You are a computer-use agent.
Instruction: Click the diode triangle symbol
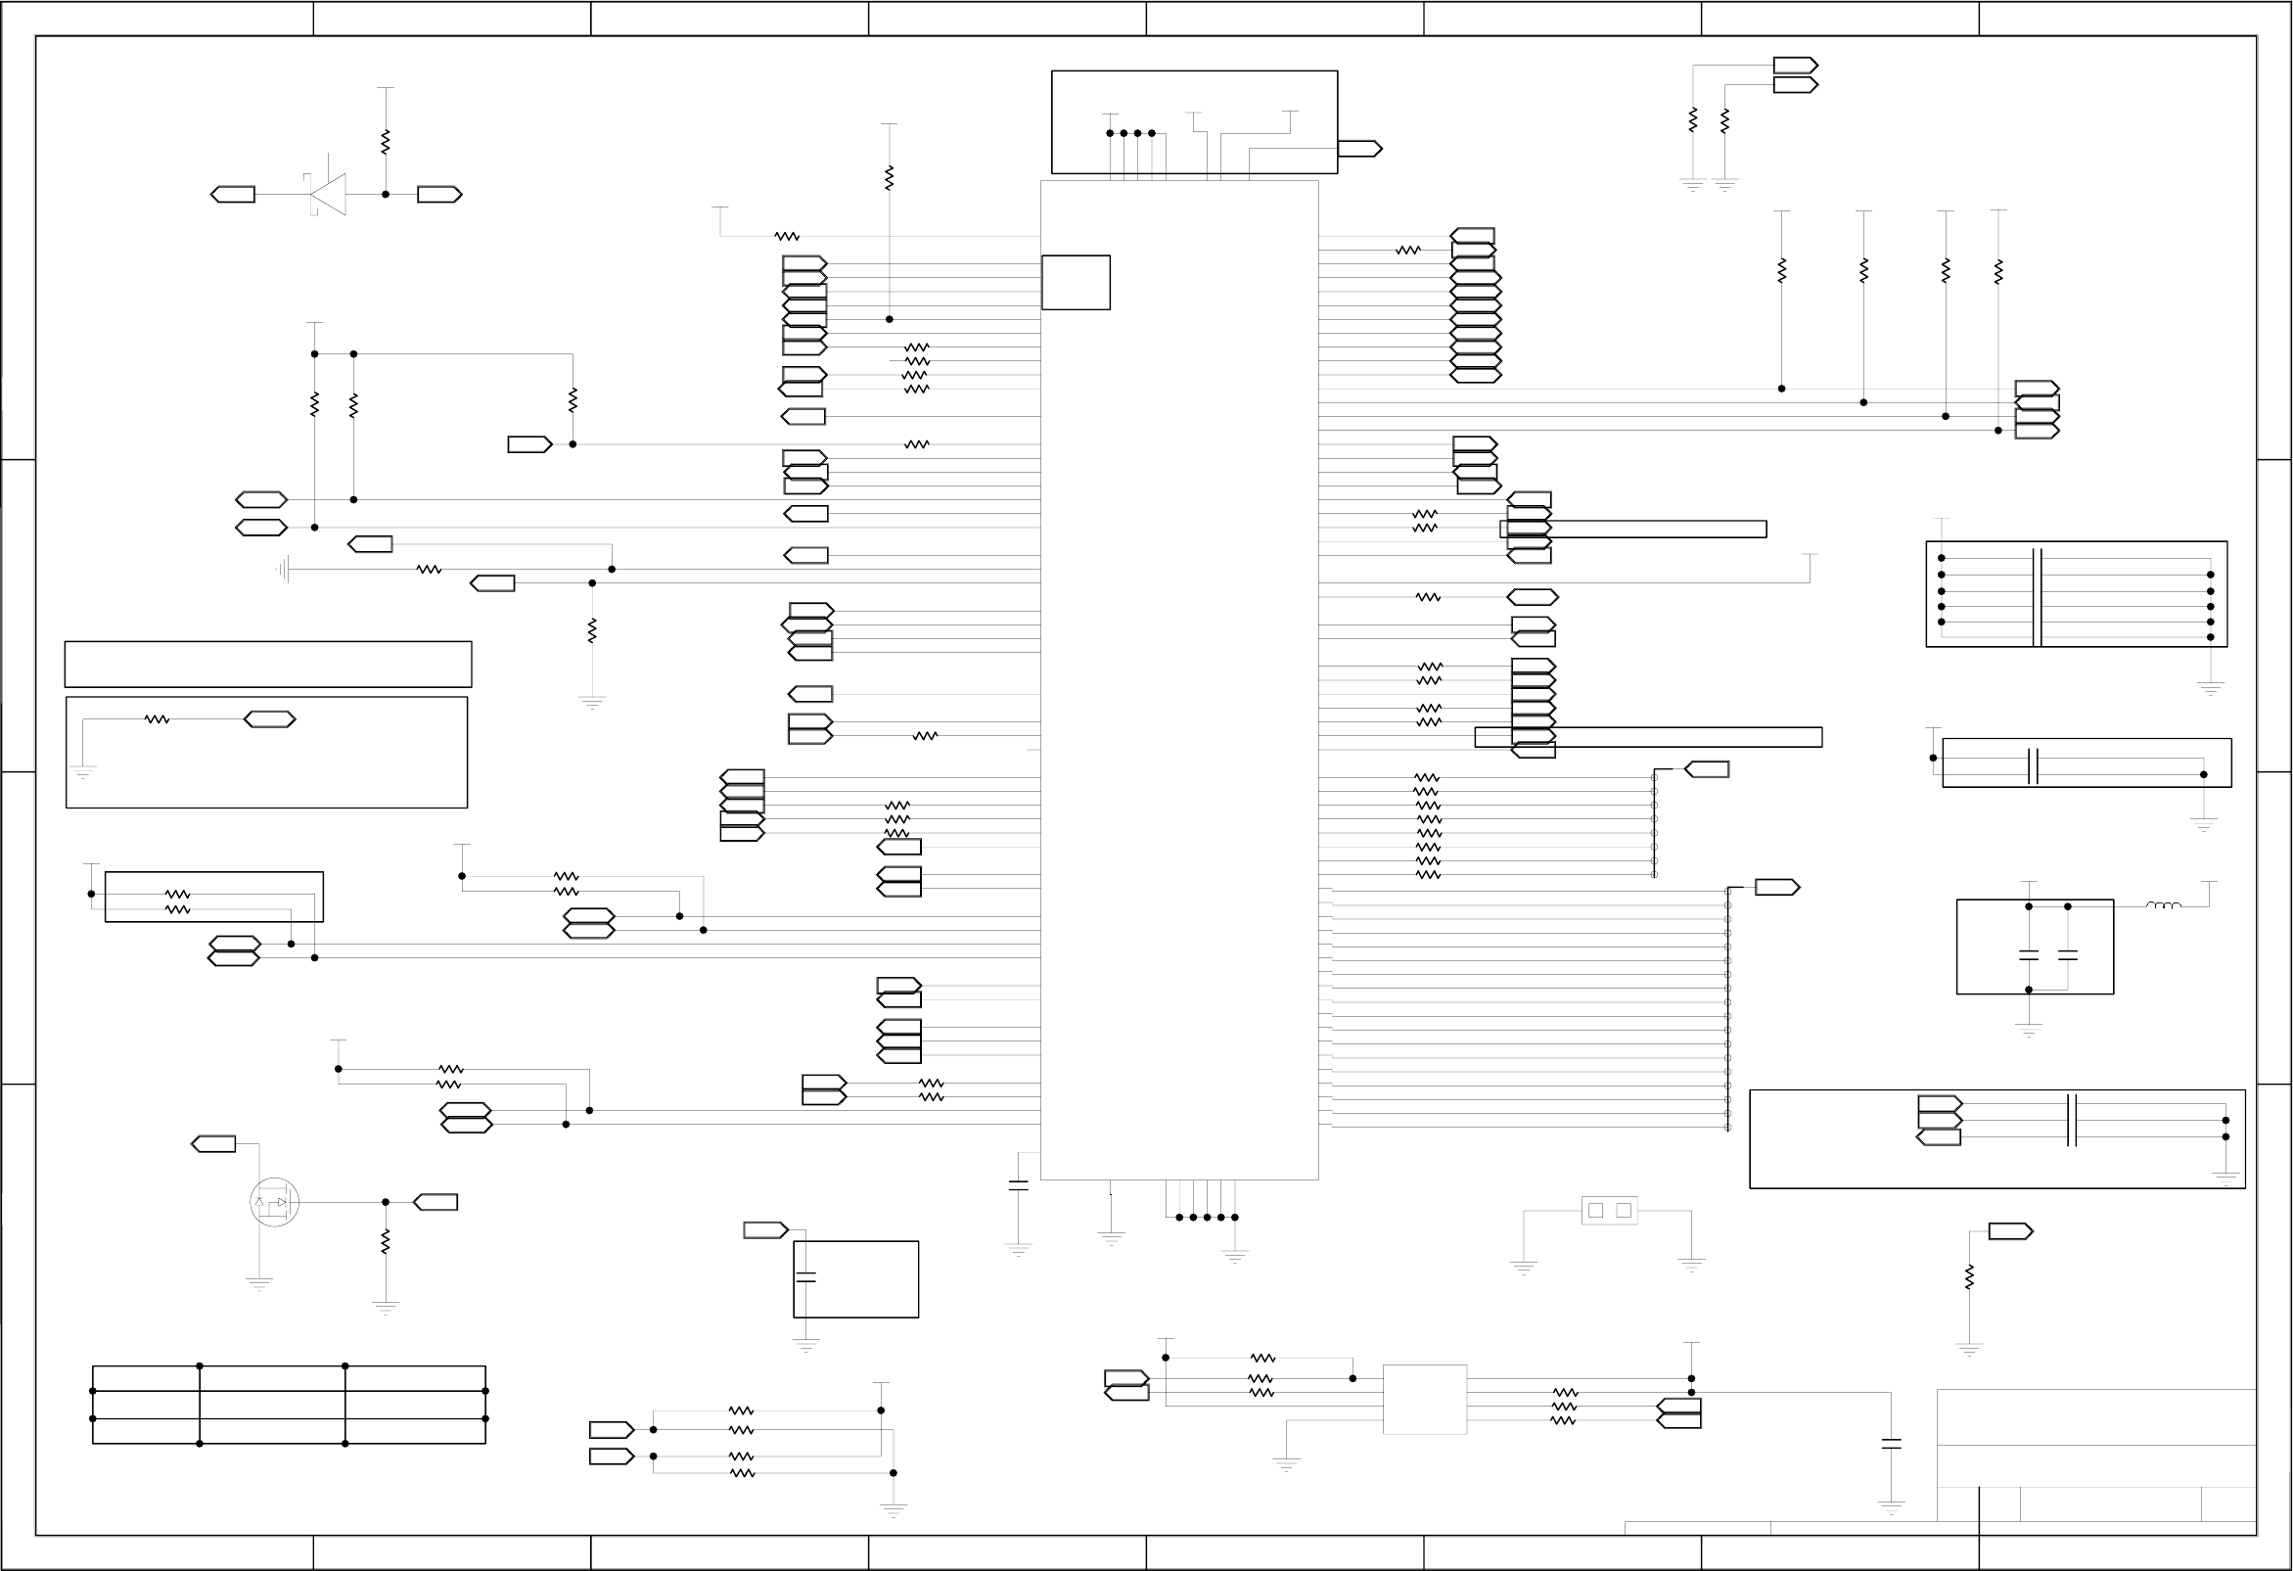coord(329,195)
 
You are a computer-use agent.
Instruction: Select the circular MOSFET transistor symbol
coord(274,1202)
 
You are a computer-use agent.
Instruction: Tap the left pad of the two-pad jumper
coord(1595,1211)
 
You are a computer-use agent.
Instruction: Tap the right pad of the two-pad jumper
coord(1624,1211)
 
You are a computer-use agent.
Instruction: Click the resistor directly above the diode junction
coord(386,142)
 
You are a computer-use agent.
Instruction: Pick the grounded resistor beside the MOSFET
coord(386,1241)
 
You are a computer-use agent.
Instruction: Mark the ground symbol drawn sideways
coord(283,570)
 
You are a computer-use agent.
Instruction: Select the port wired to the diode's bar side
coord(233,195)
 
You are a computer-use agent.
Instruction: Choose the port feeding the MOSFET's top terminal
coord(213,1143)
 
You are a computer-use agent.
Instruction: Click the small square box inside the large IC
coord(1076,282)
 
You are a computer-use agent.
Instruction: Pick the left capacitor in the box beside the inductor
coord(2029,955)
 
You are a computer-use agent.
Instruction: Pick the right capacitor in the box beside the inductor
coord(2068,955)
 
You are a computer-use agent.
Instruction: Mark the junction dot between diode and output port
coord(386,195)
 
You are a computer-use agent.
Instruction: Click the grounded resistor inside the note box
coord(157,719)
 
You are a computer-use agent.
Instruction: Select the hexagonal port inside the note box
coord(269,719)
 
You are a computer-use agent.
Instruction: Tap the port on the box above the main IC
coord(1359,149)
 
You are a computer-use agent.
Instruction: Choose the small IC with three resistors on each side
coord(1425,1400)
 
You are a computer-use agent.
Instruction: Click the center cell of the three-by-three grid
coord(272,1406)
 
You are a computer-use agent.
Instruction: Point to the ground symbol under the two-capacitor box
coord(2029,1030)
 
